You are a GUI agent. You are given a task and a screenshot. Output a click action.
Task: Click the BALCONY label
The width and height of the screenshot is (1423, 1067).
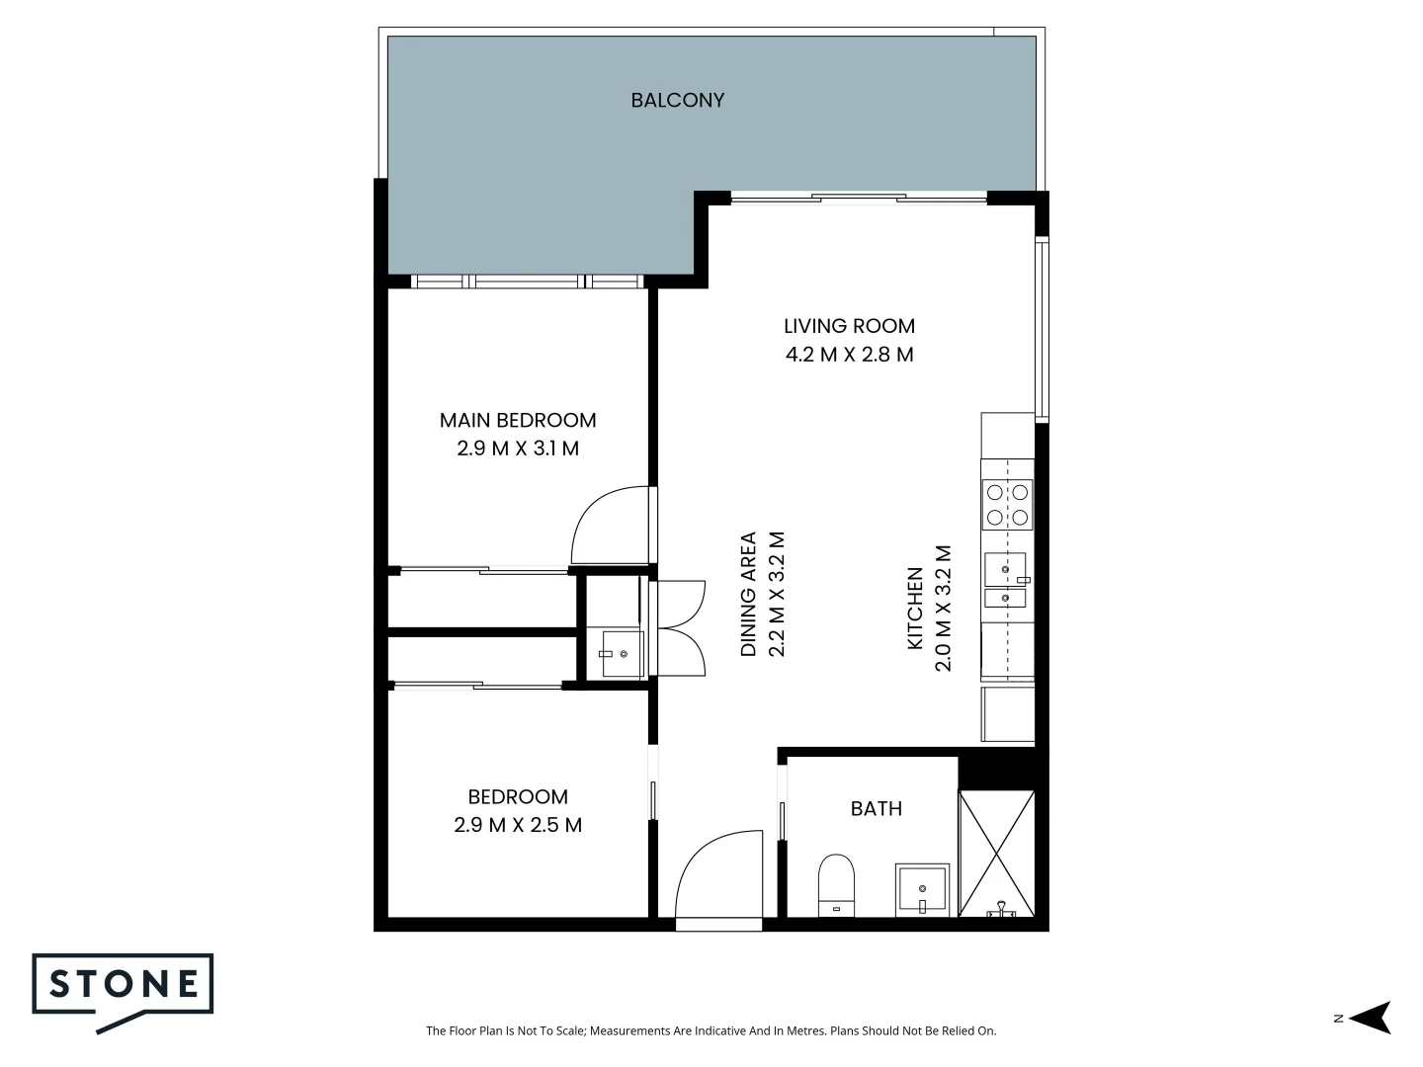click(x=677, y=100)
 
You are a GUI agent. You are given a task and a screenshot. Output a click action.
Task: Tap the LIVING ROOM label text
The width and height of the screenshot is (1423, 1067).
click(x=849, y=326)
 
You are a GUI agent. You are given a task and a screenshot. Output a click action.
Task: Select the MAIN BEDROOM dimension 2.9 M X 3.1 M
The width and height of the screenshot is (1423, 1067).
click(x=518, y=449)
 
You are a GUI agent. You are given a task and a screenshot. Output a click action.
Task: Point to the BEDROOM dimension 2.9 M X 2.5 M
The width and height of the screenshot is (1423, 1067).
click(x=518, y=825)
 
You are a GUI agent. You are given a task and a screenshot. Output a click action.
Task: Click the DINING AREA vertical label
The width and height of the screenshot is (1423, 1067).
click(x=749, y=595)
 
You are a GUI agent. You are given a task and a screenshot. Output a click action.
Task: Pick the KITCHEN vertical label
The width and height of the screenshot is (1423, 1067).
click(x=915, y=609)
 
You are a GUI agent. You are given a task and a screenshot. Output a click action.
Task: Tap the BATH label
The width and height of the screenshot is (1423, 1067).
click(x=876, y=808)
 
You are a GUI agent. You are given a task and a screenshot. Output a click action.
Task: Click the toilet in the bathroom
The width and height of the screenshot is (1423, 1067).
click(x=836, y=885)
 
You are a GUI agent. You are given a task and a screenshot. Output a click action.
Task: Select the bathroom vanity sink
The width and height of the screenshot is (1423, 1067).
click(x=921, y=889)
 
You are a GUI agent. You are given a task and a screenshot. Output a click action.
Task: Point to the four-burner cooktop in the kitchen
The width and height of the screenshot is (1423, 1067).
click(x=1006, y=504)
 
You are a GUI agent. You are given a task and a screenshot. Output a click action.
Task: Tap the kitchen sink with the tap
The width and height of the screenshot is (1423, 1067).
click(x=1006, y=569)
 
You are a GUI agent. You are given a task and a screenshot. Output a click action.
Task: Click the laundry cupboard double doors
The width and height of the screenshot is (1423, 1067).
click(x=679, y=627)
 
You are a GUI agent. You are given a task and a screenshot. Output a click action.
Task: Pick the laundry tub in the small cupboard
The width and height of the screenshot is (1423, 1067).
click(x=622, y=653)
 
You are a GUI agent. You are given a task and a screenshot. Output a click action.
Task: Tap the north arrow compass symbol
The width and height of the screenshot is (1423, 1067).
click(x=1372, y=1018)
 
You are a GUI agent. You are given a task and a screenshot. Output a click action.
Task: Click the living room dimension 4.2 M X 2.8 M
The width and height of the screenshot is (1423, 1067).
click(x=849, y=355)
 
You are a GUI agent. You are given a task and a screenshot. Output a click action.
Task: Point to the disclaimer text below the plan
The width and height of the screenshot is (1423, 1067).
click(x=711, y=1030)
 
